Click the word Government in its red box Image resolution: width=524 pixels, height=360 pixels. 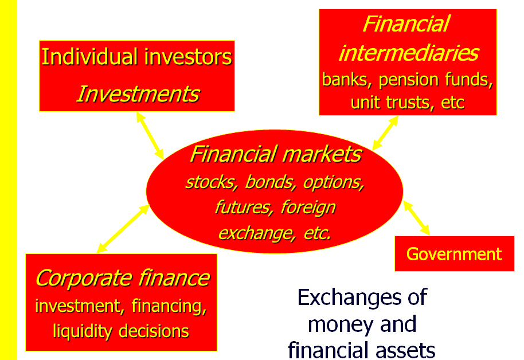tap(454, 254)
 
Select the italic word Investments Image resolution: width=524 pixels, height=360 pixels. tap(138, 94)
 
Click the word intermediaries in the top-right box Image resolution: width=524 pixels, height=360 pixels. tap(409, 53)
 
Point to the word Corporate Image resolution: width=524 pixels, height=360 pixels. tap(84, 279)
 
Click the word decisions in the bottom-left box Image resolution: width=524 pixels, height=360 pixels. tap(154, 331)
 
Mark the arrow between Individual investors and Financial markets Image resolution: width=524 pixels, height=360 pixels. tap(150, 136)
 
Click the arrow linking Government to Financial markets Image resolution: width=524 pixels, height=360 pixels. tap(416, 218)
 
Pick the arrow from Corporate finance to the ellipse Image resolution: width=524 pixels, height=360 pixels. tap(123, 229)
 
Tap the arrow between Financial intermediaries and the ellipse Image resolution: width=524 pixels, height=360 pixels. tap(385, 133)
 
